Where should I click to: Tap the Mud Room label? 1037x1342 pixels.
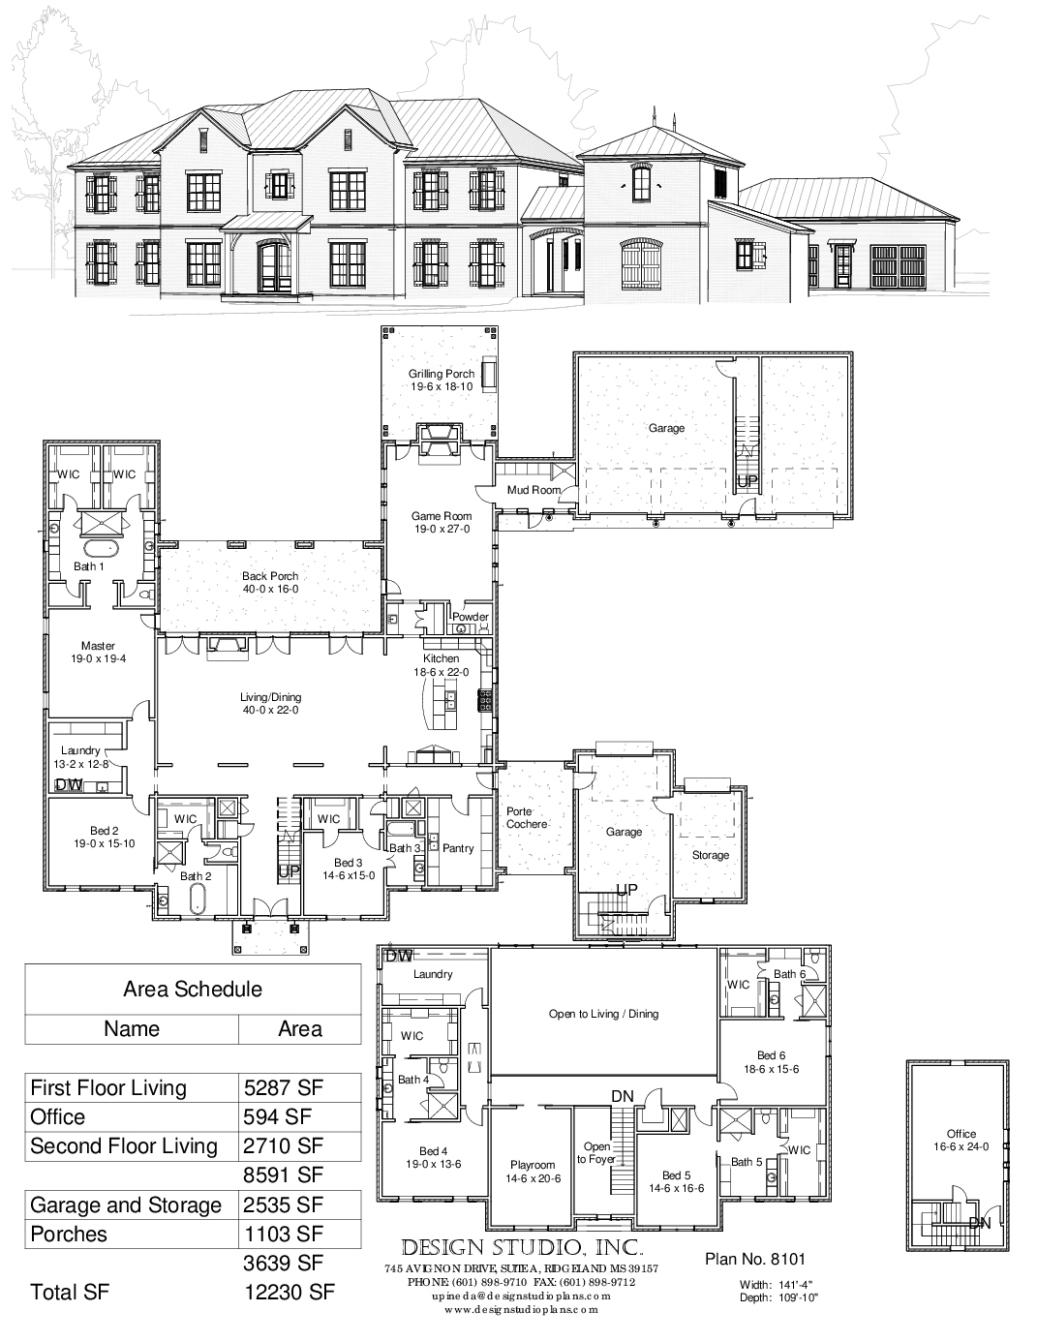[x=534, y=490]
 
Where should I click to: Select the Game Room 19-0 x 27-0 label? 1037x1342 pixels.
[x=441, y=523]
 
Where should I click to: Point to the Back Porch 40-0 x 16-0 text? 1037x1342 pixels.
[x=269, y=582]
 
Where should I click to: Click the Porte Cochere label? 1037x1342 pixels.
[x=527, y=818]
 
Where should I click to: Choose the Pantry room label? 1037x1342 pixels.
[x=458, y=848]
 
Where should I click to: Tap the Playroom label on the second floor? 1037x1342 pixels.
[x=533, y=1172]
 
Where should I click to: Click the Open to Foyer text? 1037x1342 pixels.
[x=596, y=1152]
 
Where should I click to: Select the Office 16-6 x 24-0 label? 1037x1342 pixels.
[x=961, y=1140]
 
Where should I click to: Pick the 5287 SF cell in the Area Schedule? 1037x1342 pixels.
[x=284, y=1087]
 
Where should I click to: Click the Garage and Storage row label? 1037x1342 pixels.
[x=126, y=1205]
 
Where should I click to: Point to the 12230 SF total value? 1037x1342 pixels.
[x=290, y=1292]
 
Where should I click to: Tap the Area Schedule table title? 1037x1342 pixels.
[x=193, y=989]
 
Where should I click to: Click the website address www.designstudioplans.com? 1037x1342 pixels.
[x=521, y=1309]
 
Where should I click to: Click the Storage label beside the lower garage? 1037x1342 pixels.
[x=710, y=855]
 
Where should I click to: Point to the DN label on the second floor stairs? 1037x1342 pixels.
[x=622, y=1096]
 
